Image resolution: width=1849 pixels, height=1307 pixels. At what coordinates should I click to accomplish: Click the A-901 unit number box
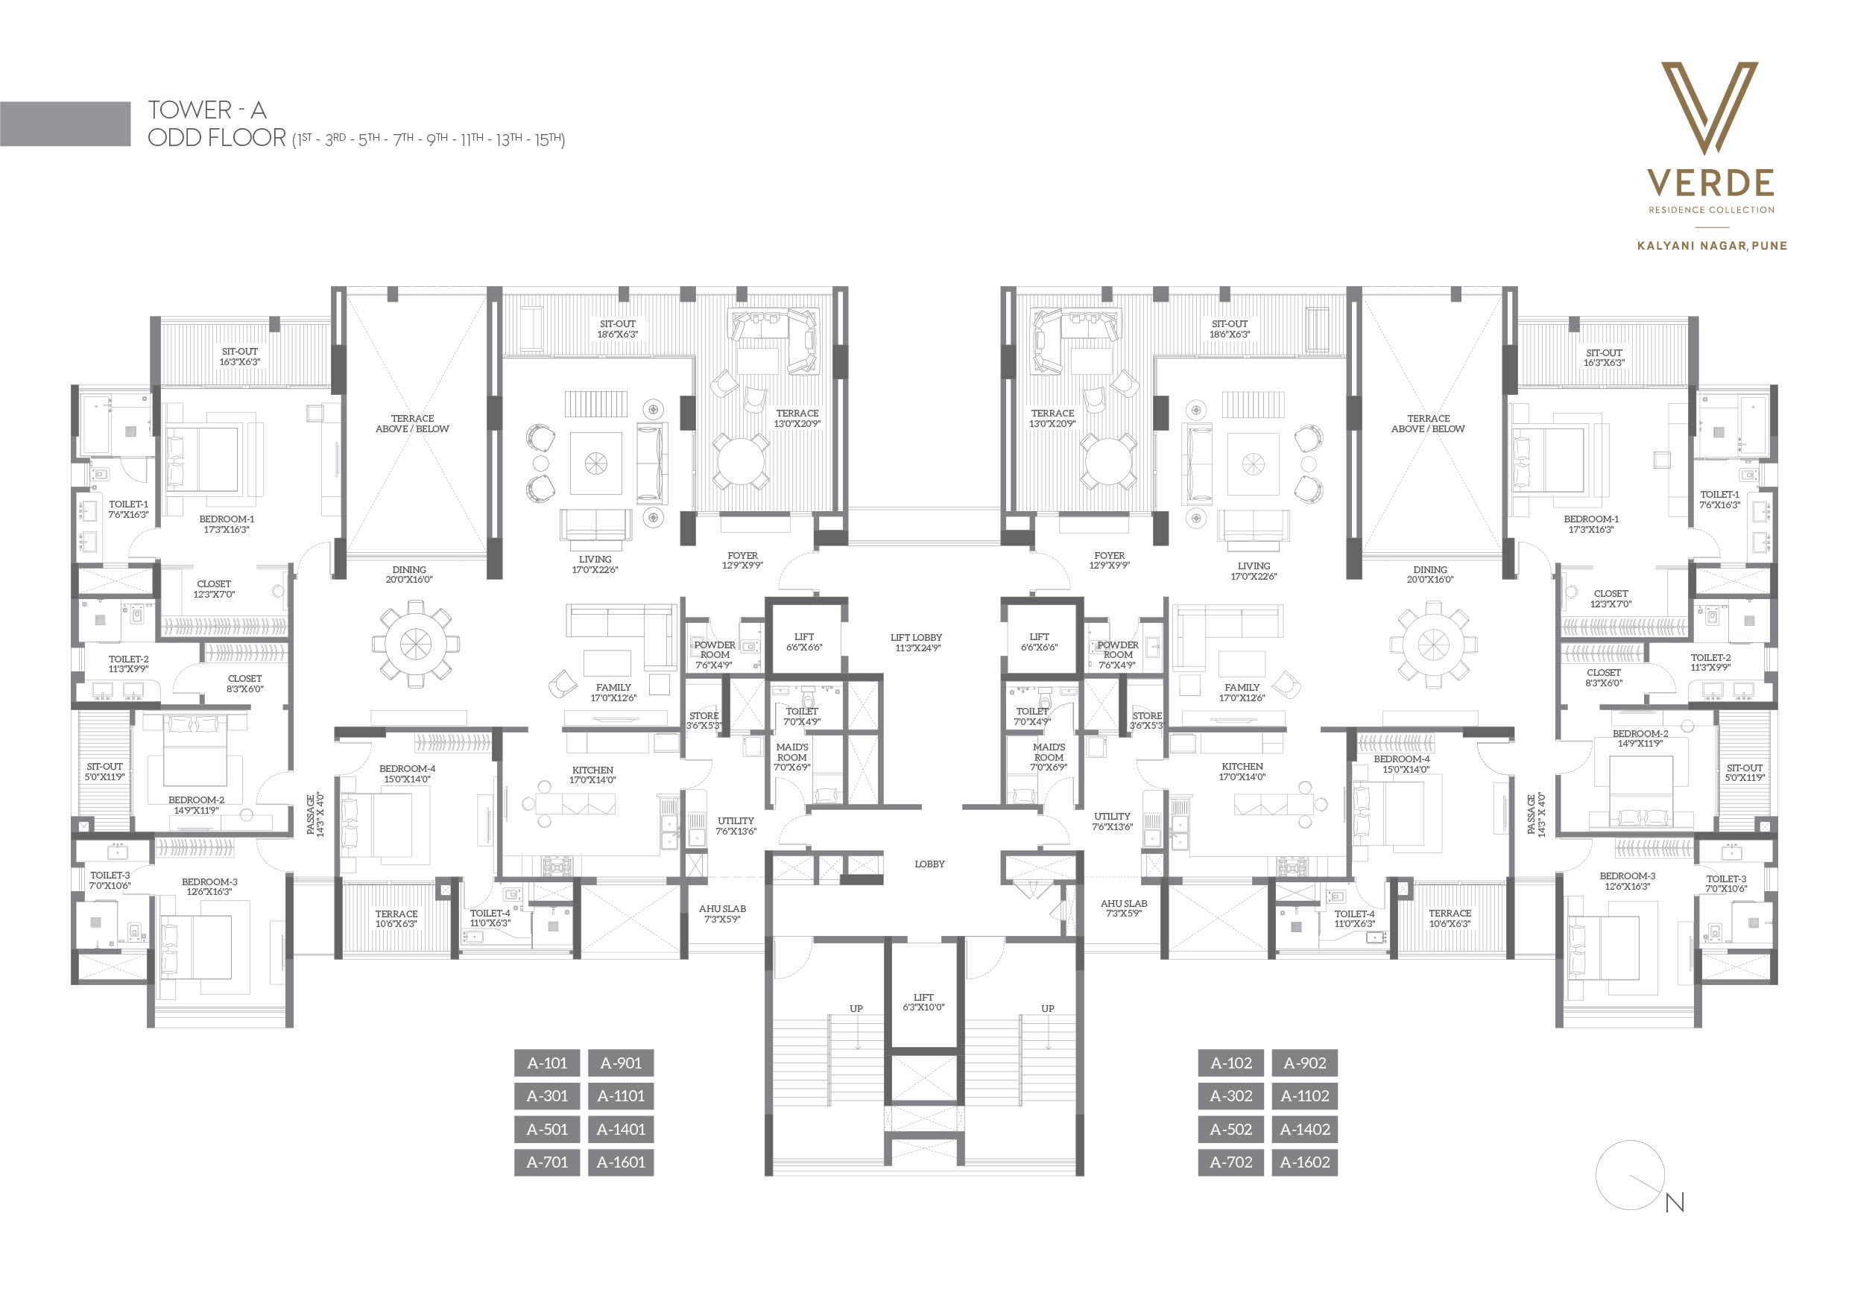620,1063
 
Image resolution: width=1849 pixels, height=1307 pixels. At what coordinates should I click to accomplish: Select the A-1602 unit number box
1305,1162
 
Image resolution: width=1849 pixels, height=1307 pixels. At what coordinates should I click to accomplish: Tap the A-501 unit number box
547,1129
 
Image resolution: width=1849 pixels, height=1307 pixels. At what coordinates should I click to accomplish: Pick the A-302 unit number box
1230,1096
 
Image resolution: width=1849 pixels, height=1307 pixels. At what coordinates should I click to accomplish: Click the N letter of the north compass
1675,1203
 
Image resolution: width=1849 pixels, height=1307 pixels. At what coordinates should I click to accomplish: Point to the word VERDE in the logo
1710,183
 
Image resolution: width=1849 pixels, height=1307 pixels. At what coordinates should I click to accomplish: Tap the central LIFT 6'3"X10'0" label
923,1002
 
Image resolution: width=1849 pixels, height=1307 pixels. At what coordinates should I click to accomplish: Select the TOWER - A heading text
207,110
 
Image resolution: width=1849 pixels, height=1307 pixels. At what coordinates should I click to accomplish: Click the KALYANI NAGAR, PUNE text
1712,246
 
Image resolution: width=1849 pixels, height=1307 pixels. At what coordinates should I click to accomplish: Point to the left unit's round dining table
416,645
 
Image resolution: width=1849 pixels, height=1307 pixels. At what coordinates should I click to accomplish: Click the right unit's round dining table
1433,645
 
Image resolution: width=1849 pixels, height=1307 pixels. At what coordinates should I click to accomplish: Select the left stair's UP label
856,1008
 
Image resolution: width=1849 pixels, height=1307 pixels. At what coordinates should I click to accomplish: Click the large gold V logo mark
1710,108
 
